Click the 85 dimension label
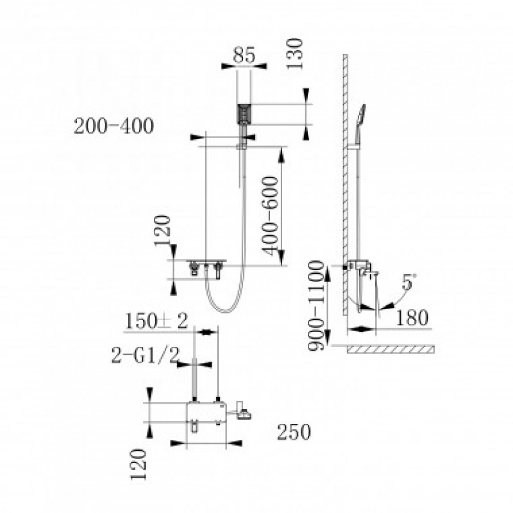click(x=244, y=55)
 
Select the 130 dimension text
click(x=294, y=53)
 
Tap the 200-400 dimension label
click(x=114, y=126)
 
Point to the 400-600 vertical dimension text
click(x=270, y=216)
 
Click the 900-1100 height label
click(x=315, y=306)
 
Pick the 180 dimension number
click(x=412, y=317)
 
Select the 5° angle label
click(x=409, y=282)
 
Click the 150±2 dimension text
click(x=156, y=321)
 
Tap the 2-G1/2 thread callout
click(x=146, y=355)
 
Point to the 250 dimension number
click(x=294, y=432)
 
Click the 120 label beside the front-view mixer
click(x=163, y=230)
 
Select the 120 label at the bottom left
click(x=138, y=464)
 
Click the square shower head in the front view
click(x=244, y=114)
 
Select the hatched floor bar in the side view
click(x=391, y=349)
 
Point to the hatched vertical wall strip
click(x=345, y=185)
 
